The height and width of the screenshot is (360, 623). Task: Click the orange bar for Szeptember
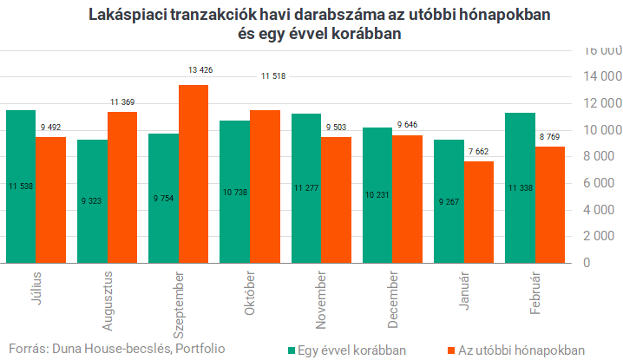[x=193, y=173]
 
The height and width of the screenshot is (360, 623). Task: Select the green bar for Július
[x=21, y=186]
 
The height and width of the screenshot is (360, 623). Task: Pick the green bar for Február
[x=520, y=187]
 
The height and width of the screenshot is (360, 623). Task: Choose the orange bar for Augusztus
[x=122, y=187]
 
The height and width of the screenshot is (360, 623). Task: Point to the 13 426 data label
[x=193, y=70]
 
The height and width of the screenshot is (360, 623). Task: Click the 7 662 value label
[x=479, y=152]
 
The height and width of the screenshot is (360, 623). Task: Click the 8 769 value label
[x=550, y=136]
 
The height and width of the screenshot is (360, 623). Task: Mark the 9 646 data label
[x=408, y=125]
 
